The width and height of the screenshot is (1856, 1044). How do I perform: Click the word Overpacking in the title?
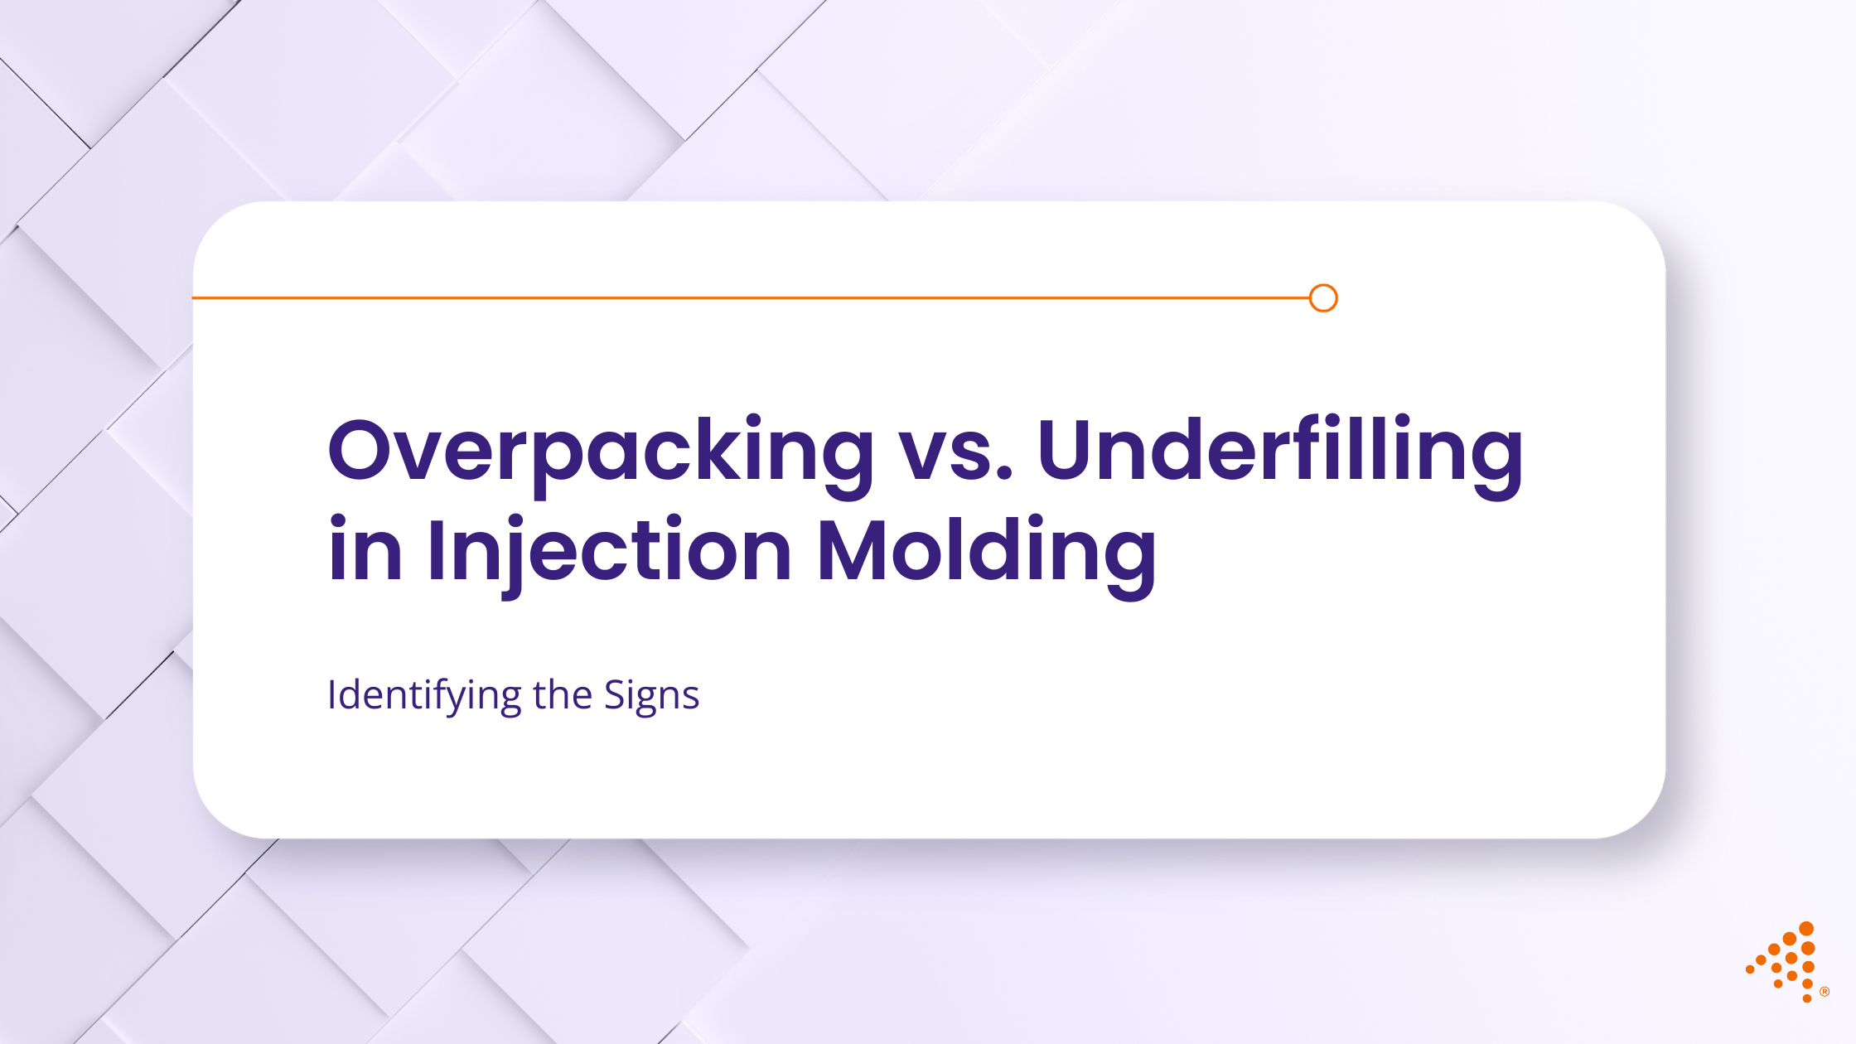[x=601, y=452]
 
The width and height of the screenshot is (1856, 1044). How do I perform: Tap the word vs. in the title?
[x=956, y=452]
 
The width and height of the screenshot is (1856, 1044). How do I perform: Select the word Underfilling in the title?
[x=1279, y=452]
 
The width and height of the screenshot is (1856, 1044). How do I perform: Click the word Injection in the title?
[x=609, y=551]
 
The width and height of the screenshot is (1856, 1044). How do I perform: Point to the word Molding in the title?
[x=986, y=551]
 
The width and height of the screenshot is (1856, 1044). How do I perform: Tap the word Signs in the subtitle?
[x=651, y=696]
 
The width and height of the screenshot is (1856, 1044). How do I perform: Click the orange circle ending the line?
[x=1323, y=298]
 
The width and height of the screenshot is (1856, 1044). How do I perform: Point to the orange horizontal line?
[x=746, y=297]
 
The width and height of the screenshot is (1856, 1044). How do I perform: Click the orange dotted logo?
[x=1785, y=962]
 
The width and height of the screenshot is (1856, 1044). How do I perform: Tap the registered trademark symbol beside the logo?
[x=1825, y=992]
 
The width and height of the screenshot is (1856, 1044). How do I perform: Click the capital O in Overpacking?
[x=362, y=450]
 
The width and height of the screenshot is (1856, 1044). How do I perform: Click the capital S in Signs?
[x=616, y=694]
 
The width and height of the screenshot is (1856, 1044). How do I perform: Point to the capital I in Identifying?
[x=332, y=694]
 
